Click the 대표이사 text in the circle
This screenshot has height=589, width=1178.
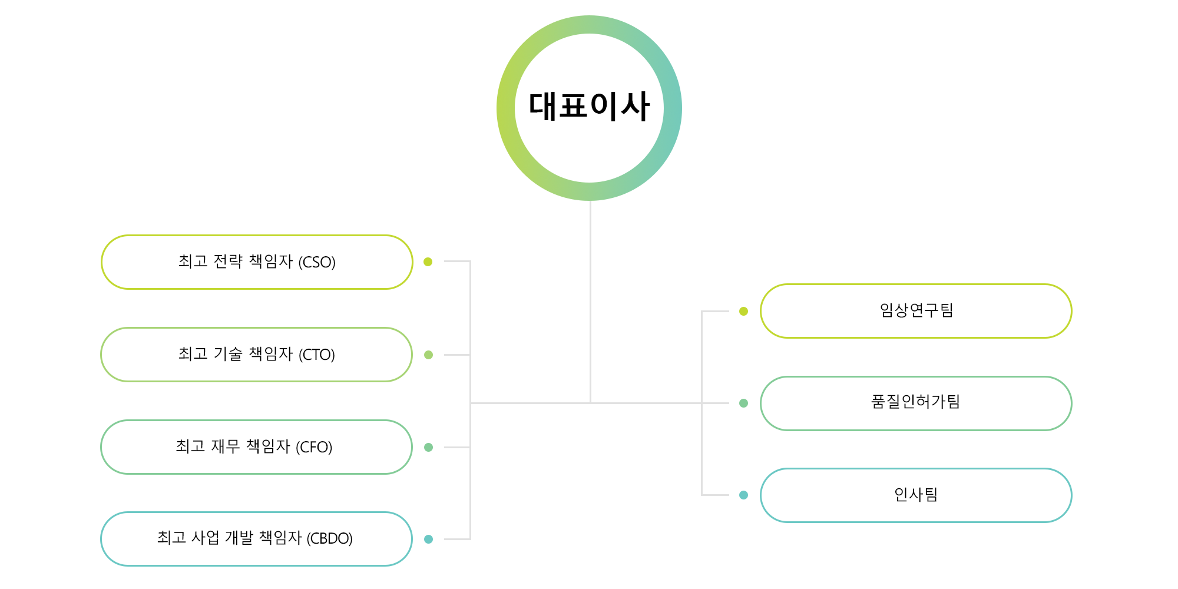[x=589, y=107]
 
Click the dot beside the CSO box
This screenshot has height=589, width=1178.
[x=428, y=262]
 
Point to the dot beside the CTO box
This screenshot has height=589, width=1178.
[x=428, y=355]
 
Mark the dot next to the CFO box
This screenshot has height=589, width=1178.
[x=428, y=447]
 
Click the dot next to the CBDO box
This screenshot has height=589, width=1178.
[x=428, y=539]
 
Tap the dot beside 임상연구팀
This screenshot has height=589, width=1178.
[x=743, y=311]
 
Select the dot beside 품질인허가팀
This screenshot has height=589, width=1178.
[x=743, y=403]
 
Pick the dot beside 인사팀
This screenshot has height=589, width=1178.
[x=743, y=495]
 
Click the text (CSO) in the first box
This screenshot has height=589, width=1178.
[x=317, y=262]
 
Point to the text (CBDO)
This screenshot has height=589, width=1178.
[x=329, y=539]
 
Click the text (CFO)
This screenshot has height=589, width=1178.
[x=314, y=448]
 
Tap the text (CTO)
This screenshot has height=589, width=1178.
[x=317, y=355]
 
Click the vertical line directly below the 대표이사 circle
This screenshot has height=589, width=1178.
[x=590, y=302]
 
